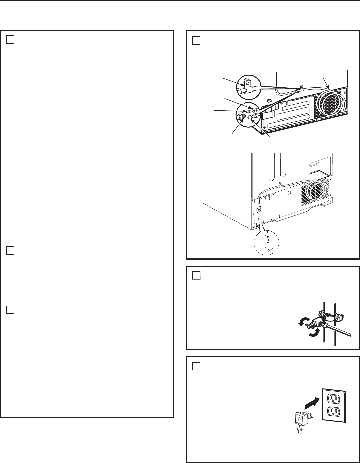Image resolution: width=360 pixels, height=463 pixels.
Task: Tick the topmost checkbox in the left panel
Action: [x=10, y=39]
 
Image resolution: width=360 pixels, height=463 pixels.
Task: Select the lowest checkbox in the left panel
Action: [x=10, y=310]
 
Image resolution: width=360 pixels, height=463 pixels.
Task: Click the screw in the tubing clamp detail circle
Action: [x=247, y=81]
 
